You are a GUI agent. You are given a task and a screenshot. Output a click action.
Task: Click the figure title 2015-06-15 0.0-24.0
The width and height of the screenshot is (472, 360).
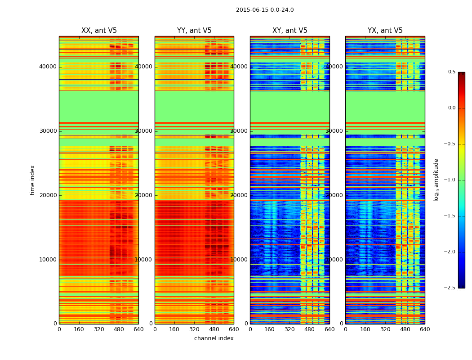(265, 10)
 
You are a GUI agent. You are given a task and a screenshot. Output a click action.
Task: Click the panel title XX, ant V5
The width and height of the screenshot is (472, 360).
(99, 31)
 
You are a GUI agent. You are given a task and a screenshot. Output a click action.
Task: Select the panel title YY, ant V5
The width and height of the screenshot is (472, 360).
(194, 31)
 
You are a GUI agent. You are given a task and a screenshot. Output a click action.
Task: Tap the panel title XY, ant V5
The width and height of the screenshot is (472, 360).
(290, 31)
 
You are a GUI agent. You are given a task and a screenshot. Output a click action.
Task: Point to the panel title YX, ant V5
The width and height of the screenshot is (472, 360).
(385, 31)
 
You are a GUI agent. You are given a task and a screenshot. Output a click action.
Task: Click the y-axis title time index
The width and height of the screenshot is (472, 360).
(32, 180)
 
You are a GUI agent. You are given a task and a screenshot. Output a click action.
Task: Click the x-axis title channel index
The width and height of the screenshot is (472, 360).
(214, 338)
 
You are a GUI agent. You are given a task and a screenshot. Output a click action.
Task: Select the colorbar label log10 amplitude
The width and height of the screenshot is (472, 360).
(436, 180)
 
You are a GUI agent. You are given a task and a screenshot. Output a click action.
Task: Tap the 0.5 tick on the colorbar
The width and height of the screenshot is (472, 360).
(451, 72)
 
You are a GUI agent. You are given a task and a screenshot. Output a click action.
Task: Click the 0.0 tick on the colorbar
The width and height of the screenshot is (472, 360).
(451, 108)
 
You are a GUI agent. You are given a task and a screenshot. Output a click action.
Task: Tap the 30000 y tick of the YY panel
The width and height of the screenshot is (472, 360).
(144, 131)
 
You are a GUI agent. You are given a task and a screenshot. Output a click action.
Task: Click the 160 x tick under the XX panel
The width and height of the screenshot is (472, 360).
(79, 329)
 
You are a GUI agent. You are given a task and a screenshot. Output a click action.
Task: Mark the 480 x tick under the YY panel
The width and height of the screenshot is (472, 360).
(214, 329)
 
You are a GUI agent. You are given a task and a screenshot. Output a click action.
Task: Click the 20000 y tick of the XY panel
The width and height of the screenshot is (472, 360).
(240, 195)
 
